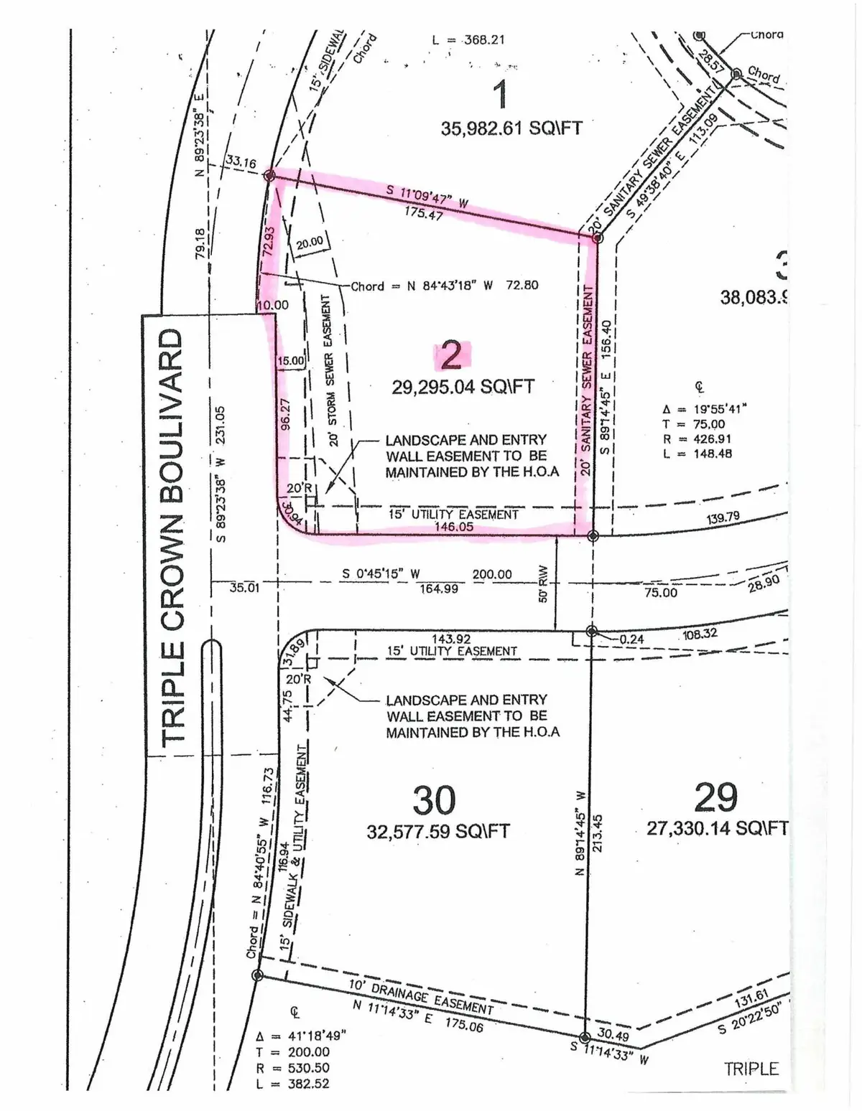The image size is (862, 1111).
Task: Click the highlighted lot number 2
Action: coord(451,355)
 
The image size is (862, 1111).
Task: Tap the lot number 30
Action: coord(435,800)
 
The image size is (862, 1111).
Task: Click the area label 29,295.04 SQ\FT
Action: coord(463,387)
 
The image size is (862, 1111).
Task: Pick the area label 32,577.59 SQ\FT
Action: coord(438,832)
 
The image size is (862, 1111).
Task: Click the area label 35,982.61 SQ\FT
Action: coord(511,128)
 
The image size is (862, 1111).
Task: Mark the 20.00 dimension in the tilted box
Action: coord(310,243)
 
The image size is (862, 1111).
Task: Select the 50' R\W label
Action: coord(544,585)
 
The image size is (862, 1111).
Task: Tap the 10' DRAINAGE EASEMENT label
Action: coord(421,998)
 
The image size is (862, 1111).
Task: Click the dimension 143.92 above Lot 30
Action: coord(452,639)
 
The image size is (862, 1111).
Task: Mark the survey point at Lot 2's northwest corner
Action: coord(269,176)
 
